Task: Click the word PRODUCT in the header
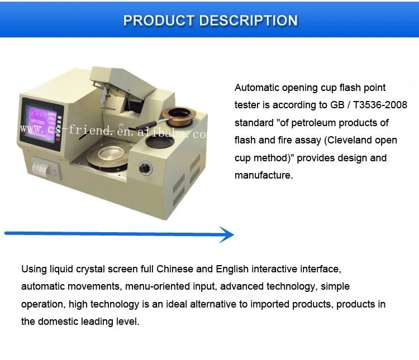(x=158, y=21)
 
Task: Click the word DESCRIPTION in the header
(x=248, y=21)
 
